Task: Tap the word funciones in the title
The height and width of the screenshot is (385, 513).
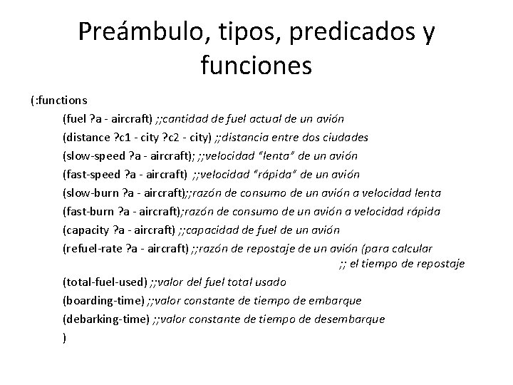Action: pyautogui.click(x=256, y=66)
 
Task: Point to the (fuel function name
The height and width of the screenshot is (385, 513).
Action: pyautogui.click(x=76, y=118)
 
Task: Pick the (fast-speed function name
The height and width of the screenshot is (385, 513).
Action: pyautogui.click(x=91, y=174)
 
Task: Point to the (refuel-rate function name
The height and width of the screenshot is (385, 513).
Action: pyautogui.click(x=91, y=248)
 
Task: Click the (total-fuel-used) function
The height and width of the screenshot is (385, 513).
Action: pyautogui.click(x=105, y=282)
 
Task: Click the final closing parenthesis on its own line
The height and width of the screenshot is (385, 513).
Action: pyautogui.click(x=65, y=337)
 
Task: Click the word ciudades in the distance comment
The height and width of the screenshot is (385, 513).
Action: pyautogui.click(x=346, y=137)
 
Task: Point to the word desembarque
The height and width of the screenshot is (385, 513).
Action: pyautogui.click(x=351, y=319)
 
